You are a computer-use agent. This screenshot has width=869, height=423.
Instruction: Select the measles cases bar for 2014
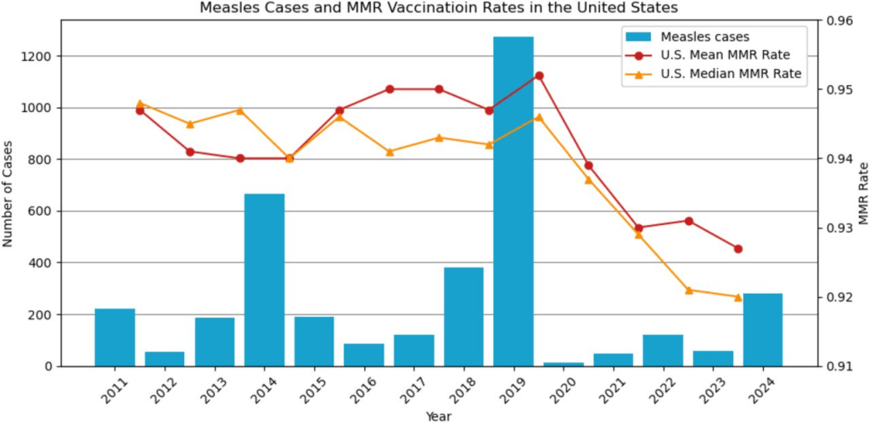coord(264,279)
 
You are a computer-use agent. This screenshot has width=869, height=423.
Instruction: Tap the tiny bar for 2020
coord(563,364)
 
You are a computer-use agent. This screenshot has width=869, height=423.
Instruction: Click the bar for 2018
coord(463,317)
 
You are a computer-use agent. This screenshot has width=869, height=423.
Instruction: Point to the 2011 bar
coord(115,337)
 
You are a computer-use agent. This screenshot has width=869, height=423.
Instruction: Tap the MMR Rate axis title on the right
coord(862,194)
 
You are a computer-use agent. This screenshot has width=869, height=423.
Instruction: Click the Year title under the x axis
coord(439,416)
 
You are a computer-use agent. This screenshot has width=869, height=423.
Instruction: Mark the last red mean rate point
coord(738,249)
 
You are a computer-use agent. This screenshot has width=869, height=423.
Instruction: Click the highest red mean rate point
coord(539,76)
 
